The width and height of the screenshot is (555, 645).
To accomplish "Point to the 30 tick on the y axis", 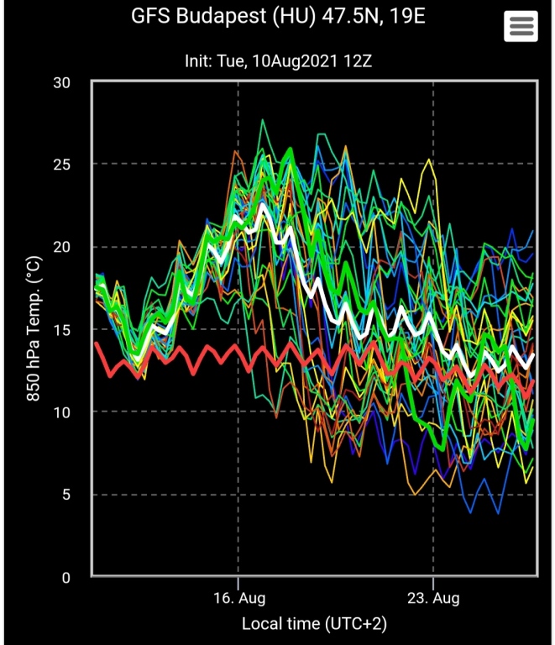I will pyautogui.click(x=61, y=82).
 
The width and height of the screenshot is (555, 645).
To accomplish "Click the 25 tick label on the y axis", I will pyautogui.click(x=61, y=165).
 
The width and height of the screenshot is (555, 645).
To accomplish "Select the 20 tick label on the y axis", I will pyautogui.click(x=61, y=247).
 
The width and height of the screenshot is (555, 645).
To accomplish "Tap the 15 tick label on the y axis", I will pyautogui.click(x=61, y=329).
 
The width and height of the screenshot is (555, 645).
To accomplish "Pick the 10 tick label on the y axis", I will pyautogui.click(x=61, y=412).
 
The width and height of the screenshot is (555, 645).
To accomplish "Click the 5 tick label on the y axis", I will pyautogui.click(x=66, y=494).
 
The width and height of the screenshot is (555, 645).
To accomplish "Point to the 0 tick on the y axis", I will pyautogui.click(x=66, y=577).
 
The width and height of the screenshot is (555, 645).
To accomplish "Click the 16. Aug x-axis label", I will pyautogui.click(x=239, y=599).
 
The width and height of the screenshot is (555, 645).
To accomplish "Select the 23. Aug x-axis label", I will pyautogui.click(x=433, y=599).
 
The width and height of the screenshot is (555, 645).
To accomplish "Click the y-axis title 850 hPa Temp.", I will pyautogui.click(x=34, y=329).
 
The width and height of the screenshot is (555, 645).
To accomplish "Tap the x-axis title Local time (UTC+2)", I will pyautogui.click(x=314, y=624).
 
